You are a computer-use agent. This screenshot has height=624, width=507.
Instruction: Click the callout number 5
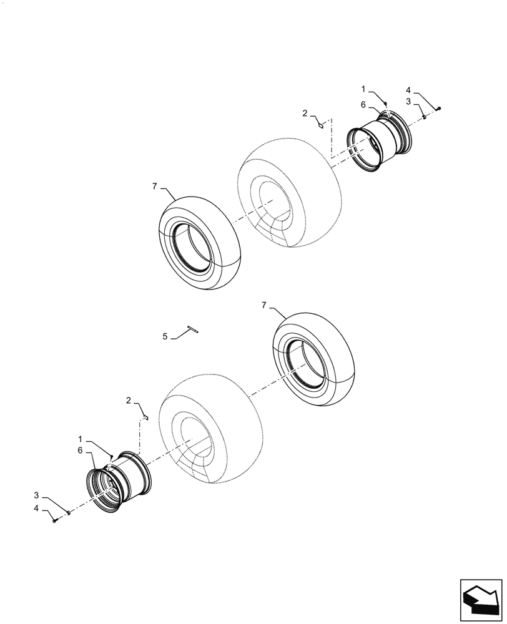(x=165, y=336)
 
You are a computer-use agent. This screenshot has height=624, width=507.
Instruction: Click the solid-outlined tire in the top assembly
(x=199, y=241)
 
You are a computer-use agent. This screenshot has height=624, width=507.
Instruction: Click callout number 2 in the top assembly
(x=305, y=113)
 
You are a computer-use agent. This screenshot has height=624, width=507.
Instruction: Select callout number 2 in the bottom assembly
(x=128, y=399)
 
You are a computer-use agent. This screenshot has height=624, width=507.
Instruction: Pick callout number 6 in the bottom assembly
(x=81, y=450)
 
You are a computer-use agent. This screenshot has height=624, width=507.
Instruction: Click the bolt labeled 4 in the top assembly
(x=440, y=109)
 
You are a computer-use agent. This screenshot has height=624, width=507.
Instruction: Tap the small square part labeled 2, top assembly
(x=320, y=125)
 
